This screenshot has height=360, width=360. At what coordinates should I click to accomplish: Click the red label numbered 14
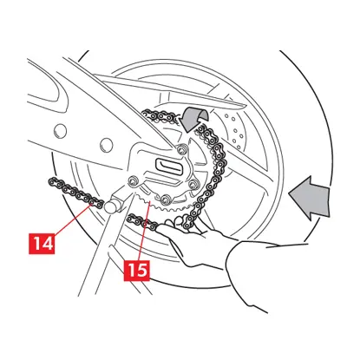[x=42, y=244]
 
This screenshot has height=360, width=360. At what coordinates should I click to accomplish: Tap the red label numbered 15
[x=137, y=271]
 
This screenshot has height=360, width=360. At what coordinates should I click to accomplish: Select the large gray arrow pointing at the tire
[x=310, y=198]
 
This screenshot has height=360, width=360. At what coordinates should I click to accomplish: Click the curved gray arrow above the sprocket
[x=194, y=118]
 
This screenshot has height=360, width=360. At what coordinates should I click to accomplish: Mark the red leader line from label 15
[x=144, y=232]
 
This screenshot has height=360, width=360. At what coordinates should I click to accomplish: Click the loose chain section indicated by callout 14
[x=75, y=193]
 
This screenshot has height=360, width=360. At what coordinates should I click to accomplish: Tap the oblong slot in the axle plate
[x=168, y=167]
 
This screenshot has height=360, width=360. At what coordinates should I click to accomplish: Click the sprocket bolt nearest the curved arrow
[x=181, y=149]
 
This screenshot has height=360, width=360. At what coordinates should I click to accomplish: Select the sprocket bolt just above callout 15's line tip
[x=165, y=199]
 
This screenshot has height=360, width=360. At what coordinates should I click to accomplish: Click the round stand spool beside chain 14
[x=110, y=206]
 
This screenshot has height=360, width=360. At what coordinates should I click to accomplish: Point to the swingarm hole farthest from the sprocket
[x=60, y=131]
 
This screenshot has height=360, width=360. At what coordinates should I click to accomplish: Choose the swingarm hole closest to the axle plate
[x=106, y=145]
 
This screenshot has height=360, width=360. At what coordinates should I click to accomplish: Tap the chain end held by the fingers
[x=142, y=223]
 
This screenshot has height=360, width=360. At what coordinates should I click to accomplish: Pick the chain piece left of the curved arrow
[x=160, y=115]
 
